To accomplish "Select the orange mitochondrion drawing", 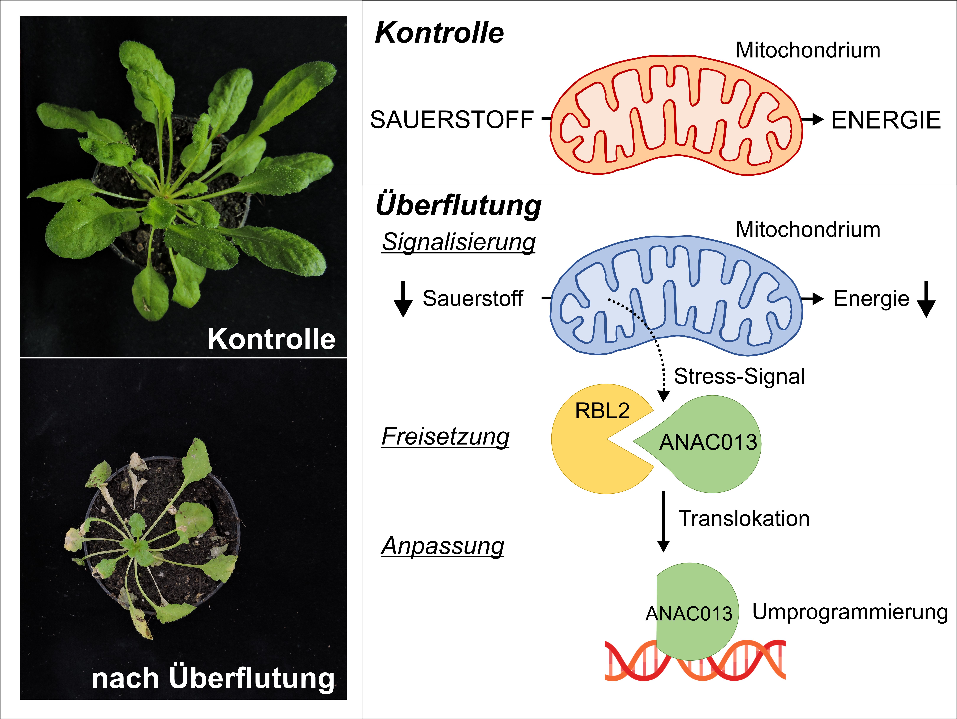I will click(x=676, y=116).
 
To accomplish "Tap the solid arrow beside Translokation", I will click(x=663, y=522).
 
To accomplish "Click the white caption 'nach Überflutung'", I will click(x=213, y=678).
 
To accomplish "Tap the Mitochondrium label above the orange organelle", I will click(x=808, y=50).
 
